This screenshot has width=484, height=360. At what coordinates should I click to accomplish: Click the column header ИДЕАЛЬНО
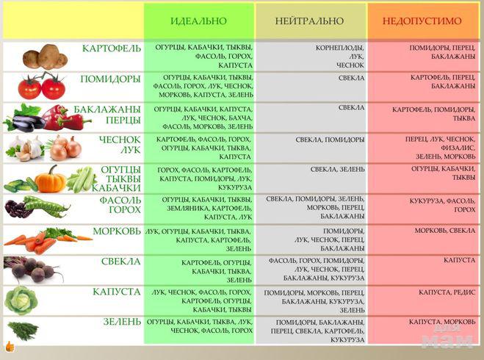198,21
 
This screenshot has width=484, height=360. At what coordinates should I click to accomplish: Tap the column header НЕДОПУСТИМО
422,21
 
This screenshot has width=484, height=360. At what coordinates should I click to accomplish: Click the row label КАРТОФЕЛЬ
112,48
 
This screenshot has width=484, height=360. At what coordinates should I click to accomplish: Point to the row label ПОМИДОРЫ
110,79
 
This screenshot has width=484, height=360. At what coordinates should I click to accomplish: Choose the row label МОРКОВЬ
116,231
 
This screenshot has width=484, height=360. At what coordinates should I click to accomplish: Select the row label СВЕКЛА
120,261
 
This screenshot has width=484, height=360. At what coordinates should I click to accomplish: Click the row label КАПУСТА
116,292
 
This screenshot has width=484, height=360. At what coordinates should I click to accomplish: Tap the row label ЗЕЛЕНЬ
121,322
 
